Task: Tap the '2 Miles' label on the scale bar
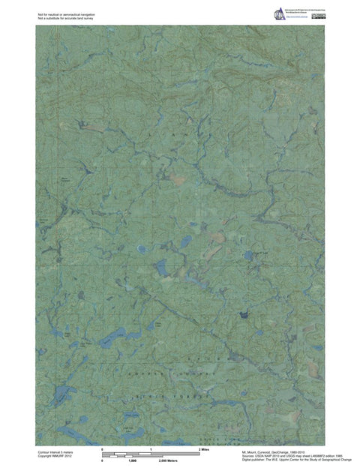[x=203, y=448]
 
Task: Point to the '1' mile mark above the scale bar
[x=151, y=448]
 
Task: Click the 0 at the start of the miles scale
[x=102, y=448]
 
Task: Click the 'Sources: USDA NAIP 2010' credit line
[x=281, y=457]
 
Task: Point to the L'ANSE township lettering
[x=180, y=133]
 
